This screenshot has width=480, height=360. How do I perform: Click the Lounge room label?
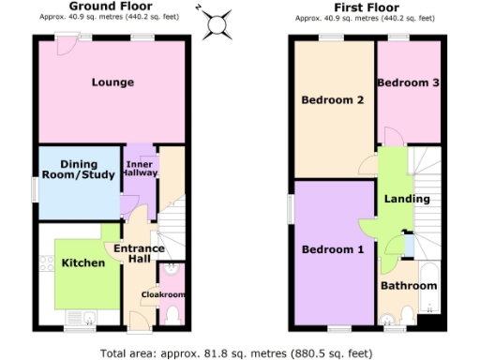point(112,82)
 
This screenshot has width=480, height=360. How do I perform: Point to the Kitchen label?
point(83,263)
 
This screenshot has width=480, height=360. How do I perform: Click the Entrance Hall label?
point(139,254)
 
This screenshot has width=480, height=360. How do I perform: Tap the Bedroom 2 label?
point(332,100)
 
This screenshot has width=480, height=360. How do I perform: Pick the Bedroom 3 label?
point(408,83)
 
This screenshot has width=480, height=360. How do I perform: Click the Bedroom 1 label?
point(332,249)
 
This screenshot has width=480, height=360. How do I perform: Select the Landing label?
point(407,199)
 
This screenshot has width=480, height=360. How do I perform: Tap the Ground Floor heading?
point(112,7)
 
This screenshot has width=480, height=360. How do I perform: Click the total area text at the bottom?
point(239,353)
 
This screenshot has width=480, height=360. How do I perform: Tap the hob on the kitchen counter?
point(46,264)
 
